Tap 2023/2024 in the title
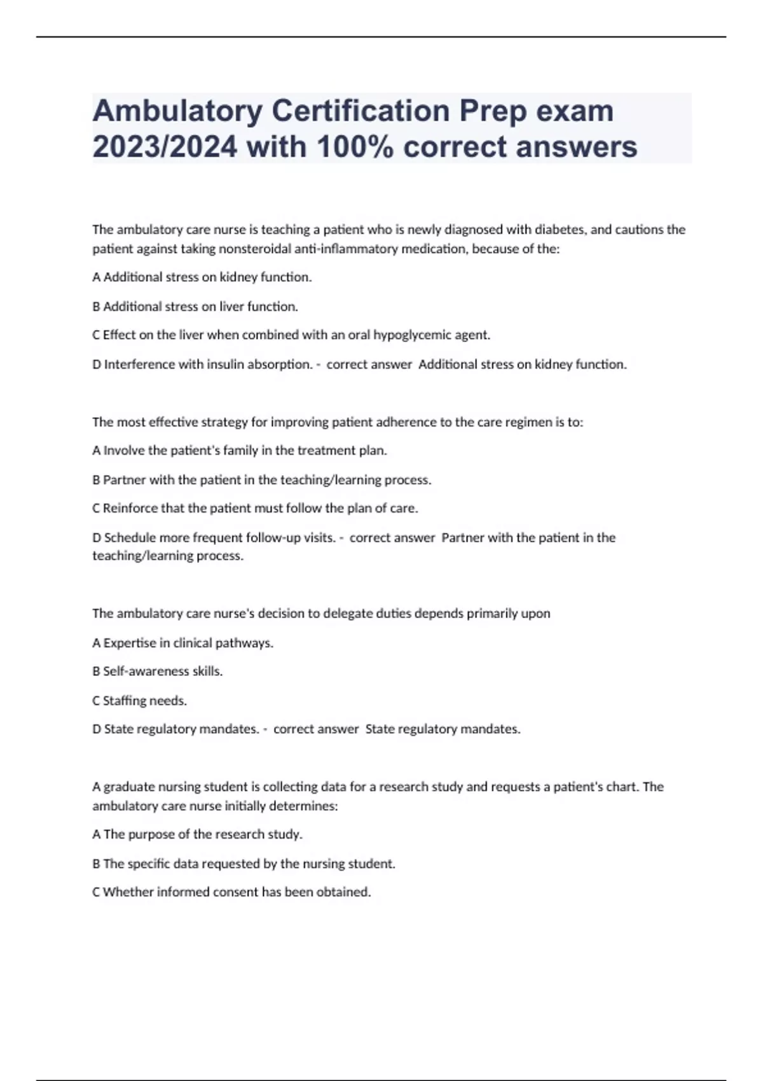[165, 148]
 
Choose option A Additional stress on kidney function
[202, 277]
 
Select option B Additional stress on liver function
[195, 306]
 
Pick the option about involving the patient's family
[240, 451]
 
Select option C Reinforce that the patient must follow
[255, 509]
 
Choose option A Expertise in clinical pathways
[183, 643]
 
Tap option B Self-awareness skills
[158, 671]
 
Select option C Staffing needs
[140, 701]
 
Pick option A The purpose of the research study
[197, 834]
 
